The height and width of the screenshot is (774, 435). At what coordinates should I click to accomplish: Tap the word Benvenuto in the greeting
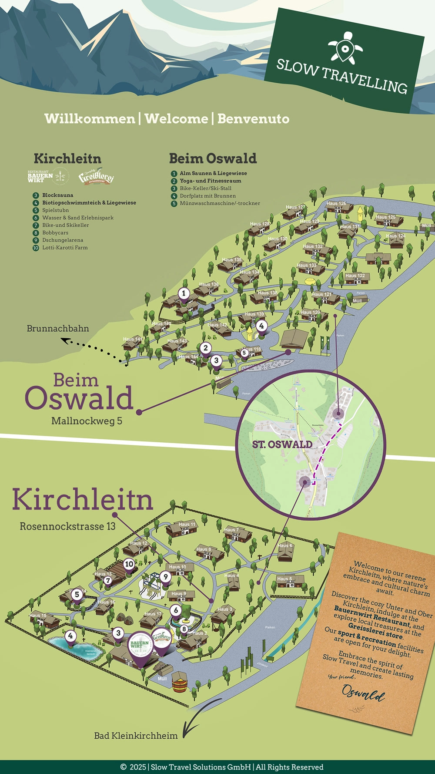point(253,118)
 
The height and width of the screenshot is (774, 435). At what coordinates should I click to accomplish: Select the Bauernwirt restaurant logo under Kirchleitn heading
point(40,176)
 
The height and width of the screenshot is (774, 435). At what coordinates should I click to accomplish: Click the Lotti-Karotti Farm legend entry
point(65,248)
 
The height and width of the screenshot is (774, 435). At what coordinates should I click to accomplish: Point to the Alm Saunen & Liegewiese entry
point(213,173)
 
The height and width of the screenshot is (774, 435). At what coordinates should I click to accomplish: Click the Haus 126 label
point(336,203)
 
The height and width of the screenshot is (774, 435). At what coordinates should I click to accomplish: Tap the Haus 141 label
point(132,339)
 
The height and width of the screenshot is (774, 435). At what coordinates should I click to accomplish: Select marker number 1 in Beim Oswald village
point(184,293)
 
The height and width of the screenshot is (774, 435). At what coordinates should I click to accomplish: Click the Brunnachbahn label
point(58,329)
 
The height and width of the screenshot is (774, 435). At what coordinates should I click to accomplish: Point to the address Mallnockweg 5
point(87,421)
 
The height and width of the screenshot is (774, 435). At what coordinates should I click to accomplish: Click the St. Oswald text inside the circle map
point(282,444)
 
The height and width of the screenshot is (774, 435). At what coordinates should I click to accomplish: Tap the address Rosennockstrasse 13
point(67,526)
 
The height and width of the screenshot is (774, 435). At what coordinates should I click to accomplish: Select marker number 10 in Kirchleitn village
point(129,564)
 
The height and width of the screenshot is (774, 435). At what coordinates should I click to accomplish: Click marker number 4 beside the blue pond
point(70,636)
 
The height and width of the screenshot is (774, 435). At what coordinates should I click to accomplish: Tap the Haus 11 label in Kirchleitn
point(187,524)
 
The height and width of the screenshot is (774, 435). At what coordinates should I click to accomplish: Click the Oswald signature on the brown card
point(363,692)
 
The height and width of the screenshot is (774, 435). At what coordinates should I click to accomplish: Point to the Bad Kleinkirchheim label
point(136,736)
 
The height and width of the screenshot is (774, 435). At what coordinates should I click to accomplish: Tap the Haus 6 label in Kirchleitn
point(285,545)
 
